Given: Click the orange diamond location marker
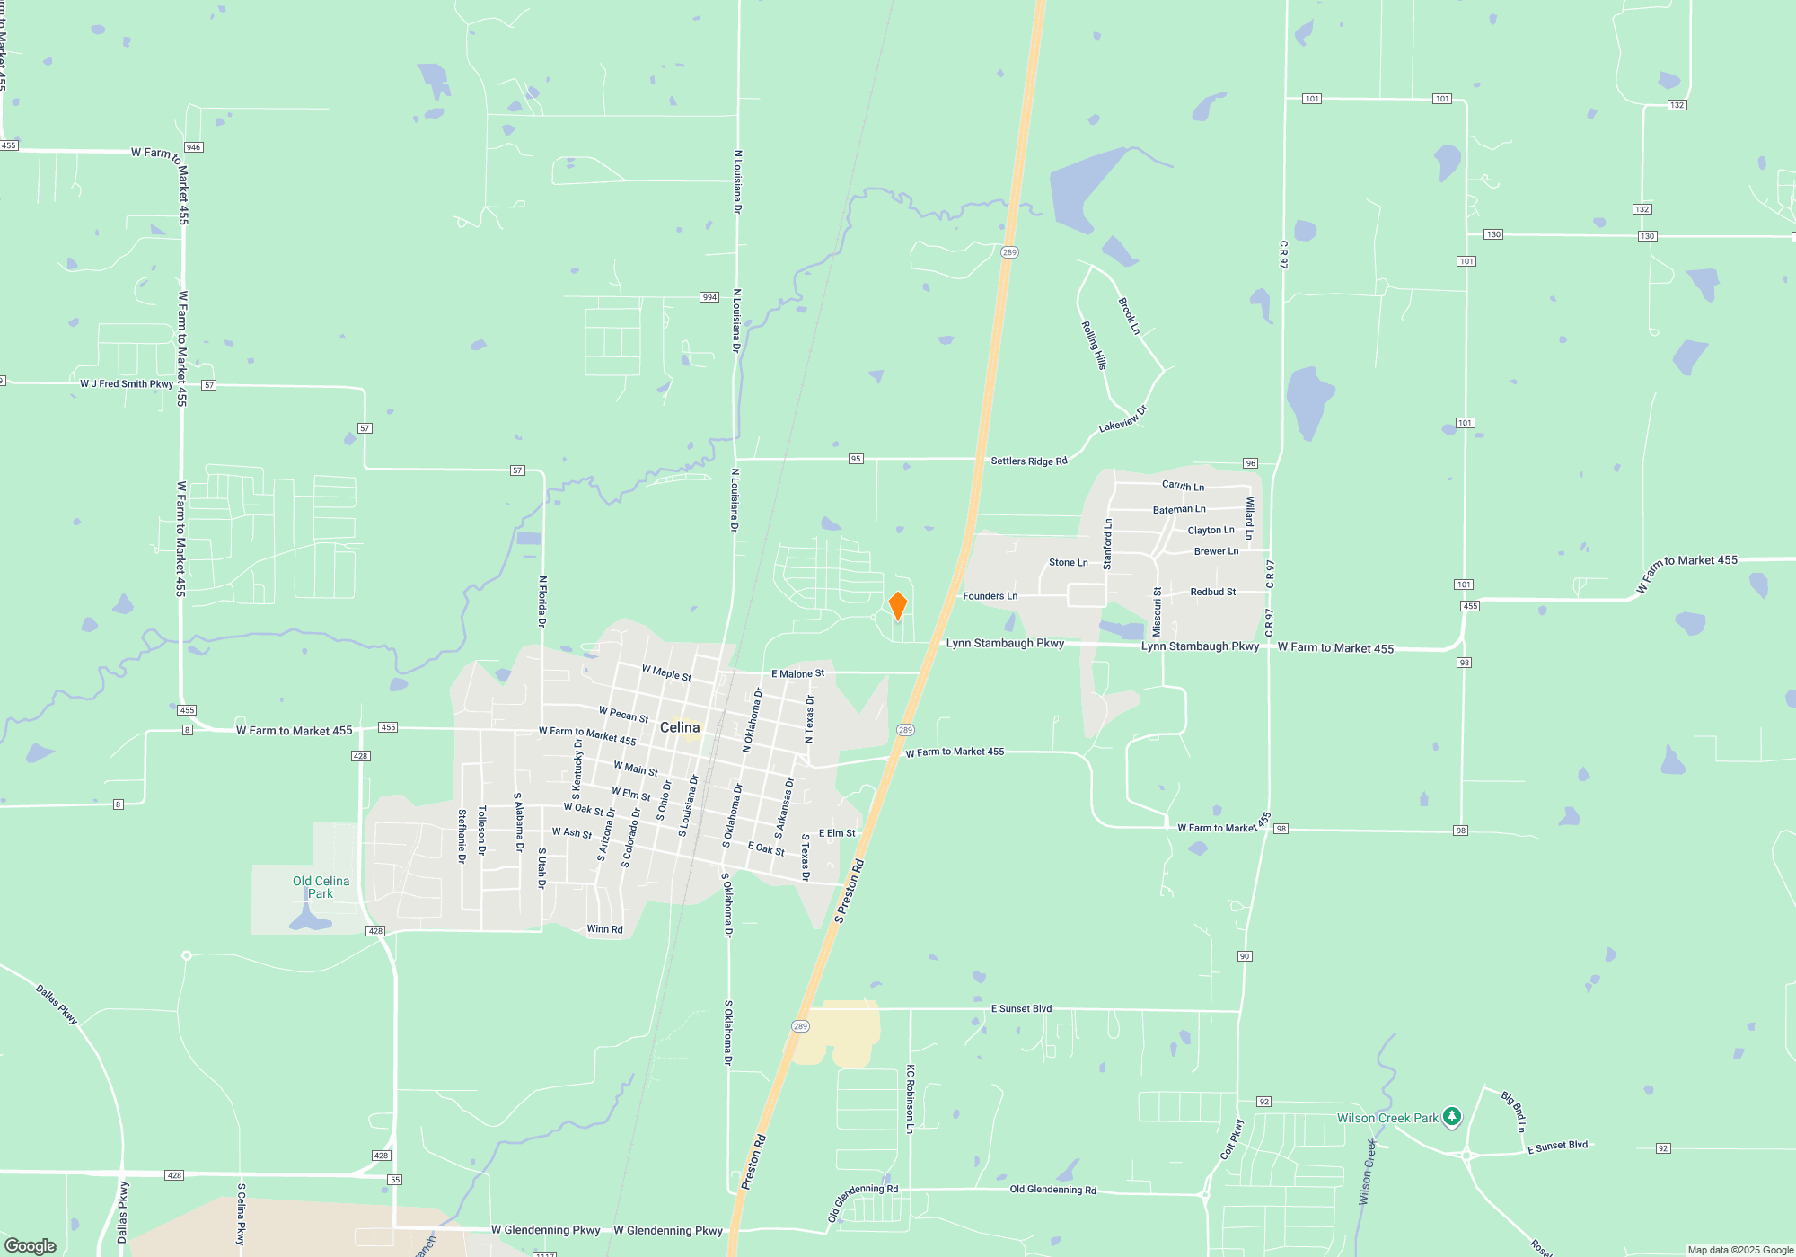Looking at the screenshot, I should point(897,606).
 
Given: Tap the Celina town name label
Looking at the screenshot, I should point(680,727).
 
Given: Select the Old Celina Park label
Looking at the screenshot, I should point(321,887).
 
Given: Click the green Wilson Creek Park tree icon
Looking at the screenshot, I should point(1452,1117).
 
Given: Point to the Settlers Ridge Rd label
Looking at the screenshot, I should point(1029,461).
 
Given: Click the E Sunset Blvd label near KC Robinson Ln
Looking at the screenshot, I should point(1021,1009).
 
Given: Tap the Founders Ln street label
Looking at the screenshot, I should point(990,596).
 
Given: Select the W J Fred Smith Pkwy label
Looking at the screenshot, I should point(127,384).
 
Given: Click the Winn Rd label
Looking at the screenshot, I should point(604,929).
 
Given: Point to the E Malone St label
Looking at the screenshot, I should point(797,673).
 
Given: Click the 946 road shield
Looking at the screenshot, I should point(193,147).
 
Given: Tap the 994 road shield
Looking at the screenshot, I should point(709,297).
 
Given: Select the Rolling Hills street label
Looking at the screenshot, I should point(1094,346).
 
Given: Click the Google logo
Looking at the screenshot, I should point(31,1246).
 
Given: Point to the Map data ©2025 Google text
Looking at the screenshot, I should point(1740,1250).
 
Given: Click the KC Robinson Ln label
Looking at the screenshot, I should point(910,1099).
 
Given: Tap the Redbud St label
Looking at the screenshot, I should point(1212,593).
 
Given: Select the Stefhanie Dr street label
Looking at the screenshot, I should point(462,836).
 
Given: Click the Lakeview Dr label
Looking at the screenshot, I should point(1122,419).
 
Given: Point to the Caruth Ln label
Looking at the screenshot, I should point(1183,486).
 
